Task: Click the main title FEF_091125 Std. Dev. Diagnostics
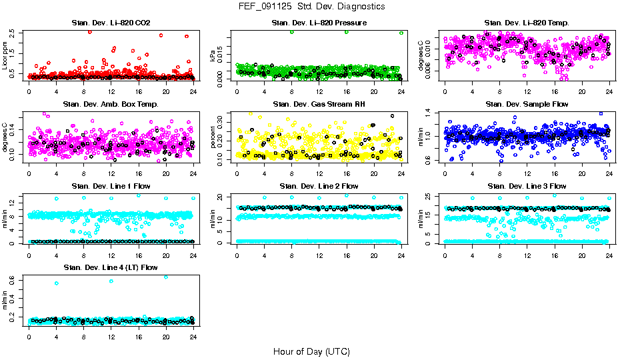coord(311,7)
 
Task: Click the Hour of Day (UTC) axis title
coord(311,351)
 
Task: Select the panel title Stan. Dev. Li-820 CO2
coord(111,23)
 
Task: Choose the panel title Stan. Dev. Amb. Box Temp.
coord(111,104)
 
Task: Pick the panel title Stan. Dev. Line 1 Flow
coord(111,186)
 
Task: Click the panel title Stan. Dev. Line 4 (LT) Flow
coord(111,267)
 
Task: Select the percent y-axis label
coord(213,137)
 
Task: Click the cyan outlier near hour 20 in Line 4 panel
coord(166,277)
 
